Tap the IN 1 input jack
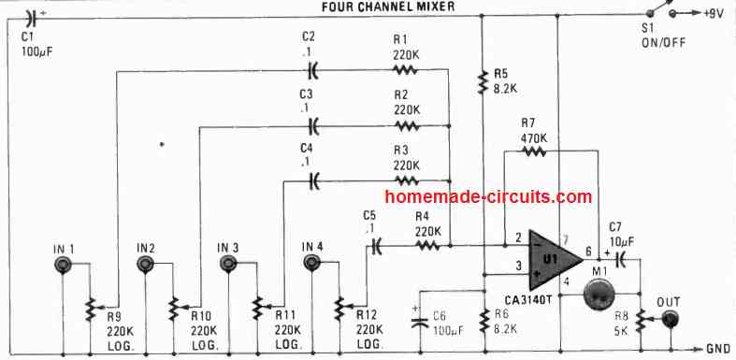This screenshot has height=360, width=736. tap(62, 266)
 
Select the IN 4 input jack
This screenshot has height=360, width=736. tap(312, 266)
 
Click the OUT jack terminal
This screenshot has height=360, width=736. tap(671, 321)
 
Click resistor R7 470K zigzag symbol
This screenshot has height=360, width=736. tap(534, 151)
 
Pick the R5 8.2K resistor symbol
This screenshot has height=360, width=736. tap(483, 84)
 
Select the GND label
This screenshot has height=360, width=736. tap(718, 348)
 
